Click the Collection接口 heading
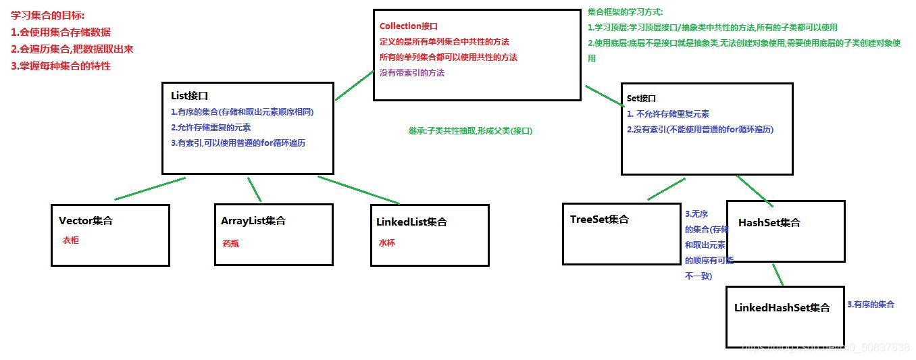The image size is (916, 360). [x=409, y=26]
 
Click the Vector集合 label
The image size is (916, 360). [x=86, y=220]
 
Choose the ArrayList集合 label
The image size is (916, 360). [x=253, y=220]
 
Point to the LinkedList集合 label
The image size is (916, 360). [x=411, y=222]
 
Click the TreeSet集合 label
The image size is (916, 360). [x=599, y=219]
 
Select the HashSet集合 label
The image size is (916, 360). [x=769, y=222]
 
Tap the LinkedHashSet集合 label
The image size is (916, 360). [x=782, y=307]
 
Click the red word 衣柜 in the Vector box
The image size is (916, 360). [x=71, y=240]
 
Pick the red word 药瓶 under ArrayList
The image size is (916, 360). [x=230, y=244]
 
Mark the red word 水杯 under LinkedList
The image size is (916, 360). [x=387, y=243]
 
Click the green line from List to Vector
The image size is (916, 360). [x=150, y=188]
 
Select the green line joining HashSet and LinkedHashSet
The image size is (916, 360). [x=778, y=274]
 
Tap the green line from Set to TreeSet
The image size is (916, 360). [x=665, y=189]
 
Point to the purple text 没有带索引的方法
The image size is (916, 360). [x=412, y=72]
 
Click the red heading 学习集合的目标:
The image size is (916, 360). [x=48, y=15]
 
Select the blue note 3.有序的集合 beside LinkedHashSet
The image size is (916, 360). [x=871, y=305]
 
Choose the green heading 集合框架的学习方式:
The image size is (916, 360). [x=626, y=12]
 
